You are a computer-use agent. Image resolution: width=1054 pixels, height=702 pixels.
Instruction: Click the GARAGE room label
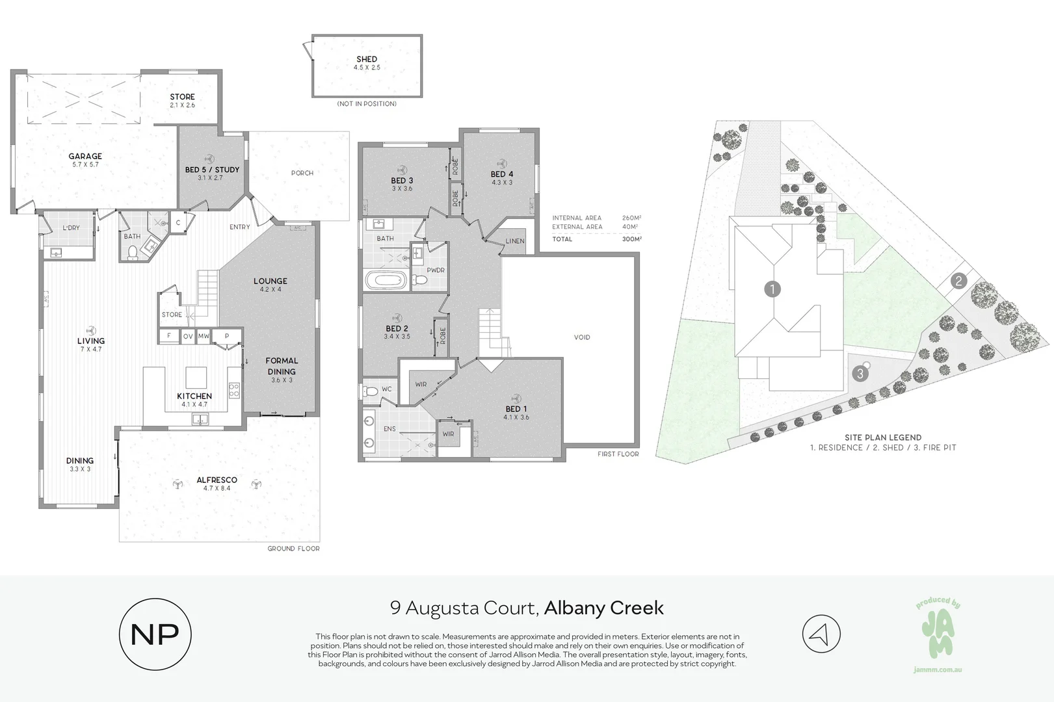point(85,156)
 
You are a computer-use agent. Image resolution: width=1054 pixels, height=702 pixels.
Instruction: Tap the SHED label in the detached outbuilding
point(367,59)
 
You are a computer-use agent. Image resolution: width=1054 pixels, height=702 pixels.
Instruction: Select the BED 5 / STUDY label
point(212,170)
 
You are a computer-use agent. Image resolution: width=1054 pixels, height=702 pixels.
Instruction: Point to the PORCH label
point(302,173)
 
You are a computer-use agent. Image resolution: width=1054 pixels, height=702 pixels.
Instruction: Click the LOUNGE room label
point(270,281)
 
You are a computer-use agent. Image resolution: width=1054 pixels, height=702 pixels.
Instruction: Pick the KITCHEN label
point(194,396)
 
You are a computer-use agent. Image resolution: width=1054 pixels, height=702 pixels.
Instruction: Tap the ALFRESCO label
point(217,480)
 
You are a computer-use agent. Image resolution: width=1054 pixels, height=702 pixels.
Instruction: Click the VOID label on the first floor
point(582,337)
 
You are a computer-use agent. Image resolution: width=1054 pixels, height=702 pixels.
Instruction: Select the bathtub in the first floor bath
point(386,281)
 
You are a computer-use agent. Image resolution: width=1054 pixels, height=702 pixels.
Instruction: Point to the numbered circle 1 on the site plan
point(772,289)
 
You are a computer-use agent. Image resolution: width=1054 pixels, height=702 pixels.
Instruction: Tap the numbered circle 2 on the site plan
point(958,281)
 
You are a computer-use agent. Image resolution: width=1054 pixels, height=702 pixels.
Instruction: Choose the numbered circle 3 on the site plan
point(861,374)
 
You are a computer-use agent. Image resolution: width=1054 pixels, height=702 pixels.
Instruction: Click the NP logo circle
point(155,634)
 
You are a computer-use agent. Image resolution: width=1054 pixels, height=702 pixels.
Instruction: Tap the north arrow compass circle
point(821,634)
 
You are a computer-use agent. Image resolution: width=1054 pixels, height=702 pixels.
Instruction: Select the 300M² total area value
point(631,239)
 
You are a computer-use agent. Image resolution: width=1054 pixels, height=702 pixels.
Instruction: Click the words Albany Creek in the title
point(603,608)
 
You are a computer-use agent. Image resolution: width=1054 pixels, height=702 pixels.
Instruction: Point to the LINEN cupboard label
point(515,241)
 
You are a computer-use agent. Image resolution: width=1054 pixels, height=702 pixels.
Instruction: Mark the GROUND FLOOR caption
point(293,549)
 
